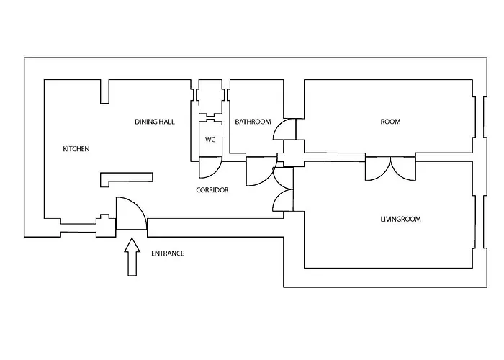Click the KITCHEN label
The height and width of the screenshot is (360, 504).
pos(76,149)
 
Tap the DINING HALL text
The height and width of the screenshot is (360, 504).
pos(155,122)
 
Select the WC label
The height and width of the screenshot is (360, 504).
pos(210,140)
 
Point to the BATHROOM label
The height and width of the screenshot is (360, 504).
pos(253,122)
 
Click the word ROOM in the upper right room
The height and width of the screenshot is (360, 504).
pos(390,122)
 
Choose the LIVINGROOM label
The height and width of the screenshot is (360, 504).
pos(400,219)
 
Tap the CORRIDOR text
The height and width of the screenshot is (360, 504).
pos(212,190)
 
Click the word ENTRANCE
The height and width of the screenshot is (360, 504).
pos(168,253)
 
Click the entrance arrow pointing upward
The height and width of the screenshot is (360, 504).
pos(132,257)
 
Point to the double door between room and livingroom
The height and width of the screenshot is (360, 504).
pos(390,168)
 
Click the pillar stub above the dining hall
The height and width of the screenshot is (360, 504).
pos(104,91)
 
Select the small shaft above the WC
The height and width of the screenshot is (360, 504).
pos(210,97)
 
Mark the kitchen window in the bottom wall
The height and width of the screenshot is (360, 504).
pos(78,228)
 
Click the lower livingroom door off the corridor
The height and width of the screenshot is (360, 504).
pos(283,200)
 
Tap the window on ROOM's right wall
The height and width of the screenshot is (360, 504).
pos(480,117)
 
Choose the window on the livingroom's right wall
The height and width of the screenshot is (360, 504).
pos(480,222)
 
